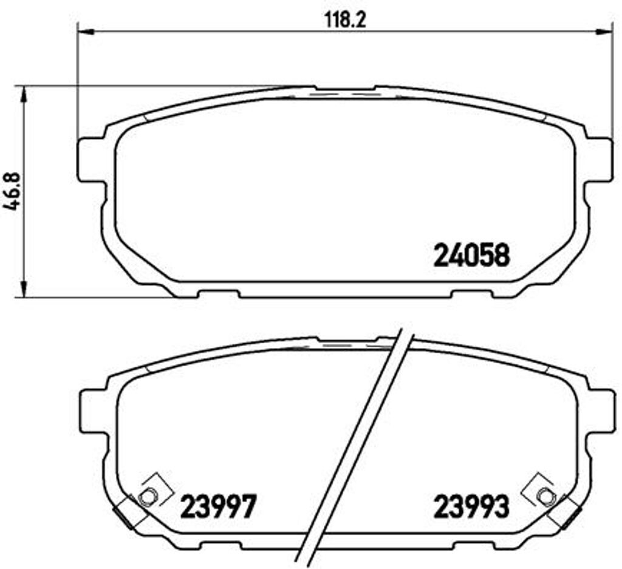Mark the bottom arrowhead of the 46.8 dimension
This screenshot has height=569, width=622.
(24, 290)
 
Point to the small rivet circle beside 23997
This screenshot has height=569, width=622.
(145, 497)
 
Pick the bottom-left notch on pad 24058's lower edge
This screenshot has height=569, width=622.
(219, 294)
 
